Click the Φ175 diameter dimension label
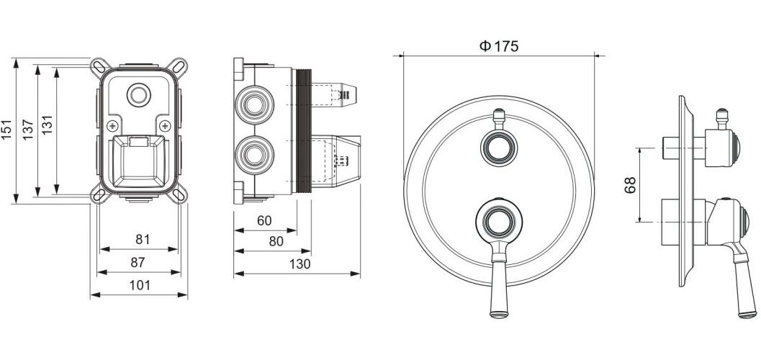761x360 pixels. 499,46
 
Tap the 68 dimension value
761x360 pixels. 630,185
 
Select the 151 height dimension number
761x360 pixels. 6,130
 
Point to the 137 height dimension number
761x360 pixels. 28,130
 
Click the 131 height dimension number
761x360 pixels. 47,125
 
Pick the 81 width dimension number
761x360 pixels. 143,239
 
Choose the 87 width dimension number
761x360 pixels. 138,263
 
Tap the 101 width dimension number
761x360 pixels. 140,286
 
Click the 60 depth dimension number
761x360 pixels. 264,221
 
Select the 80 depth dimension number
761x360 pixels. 276,241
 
